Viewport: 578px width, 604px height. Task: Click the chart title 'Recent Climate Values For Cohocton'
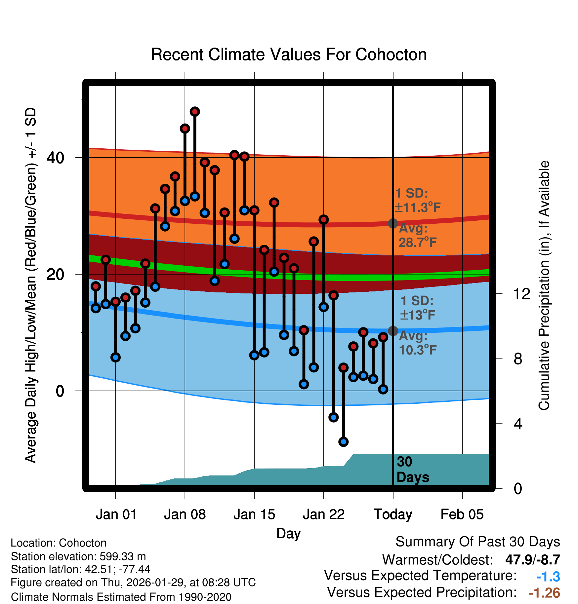click(x=289, y=55)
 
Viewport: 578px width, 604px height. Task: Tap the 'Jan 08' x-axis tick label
click(x=185, y=514)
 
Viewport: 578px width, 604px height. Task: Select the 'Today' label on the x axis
click(x=393, y=514)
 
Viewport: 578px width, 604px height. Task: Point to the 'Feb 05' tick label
click(x=462, y=514)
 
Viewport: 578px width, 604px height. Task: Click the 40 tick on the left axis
click(x=55, y=158)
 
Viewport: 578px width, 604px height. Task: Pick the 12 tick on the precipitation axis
click(x=522, y=294)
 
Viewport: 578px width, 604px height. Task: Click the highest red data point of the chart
click(x=195, y=112)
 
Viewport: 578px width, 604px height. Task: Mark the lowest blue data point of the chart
click(x=344, y=442)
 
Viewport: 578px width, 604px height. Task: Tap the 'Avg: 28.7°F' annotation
click(x=417, y=236)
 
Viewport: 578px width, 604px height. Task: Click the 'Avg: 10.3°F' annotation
click(x=417, y=343)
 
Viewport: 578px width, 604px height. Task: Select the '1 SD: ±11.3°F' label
click(x=417, y=201)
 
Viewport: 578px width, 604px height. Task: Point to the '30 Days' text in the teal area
click(x=412, y=470)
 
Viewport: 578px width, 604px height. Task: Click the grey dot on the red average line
click(x=393, y=223)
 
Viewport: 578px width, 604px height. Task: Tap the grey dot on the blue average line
click(x=393, y=331)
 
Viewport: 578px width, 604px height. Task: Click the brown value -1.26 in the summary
click(x=544, y=593)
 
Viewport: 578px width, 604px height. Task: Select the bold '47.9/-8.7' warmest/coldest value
click(x=532, y=560)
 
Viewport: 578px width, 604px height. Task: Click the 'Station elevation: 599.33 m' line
click(x=78, y=556)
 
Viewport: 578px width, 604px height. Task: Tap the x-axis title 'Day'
click(x=288, y=533)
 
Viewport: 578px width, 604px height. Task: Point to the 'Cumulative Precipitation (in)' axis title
click(x=544, y=286)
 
